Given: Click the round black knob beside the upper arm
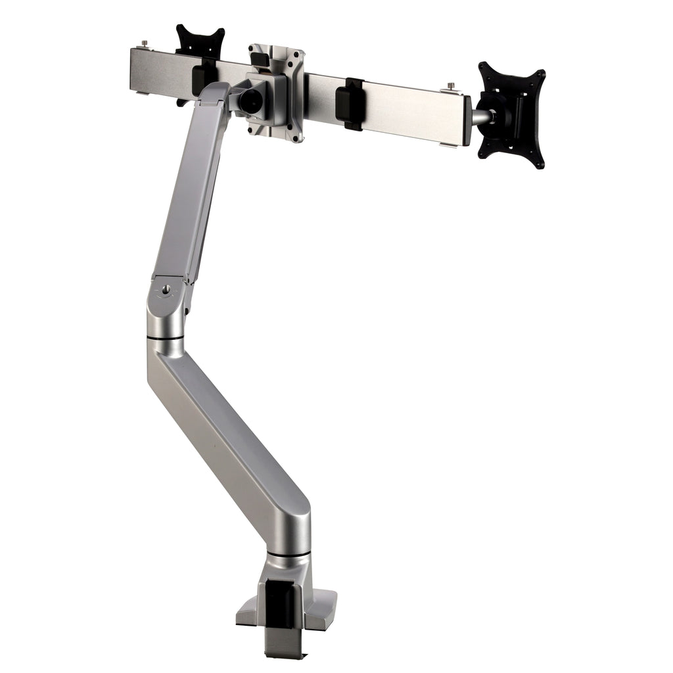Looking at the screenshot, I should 250,101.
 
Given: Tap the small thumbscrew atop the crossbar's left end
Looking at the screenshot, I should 144,45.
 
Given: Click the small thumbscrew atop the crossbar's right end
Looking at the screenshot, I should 452,85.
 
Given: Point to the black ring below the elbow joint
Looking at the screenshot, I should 166,338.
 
